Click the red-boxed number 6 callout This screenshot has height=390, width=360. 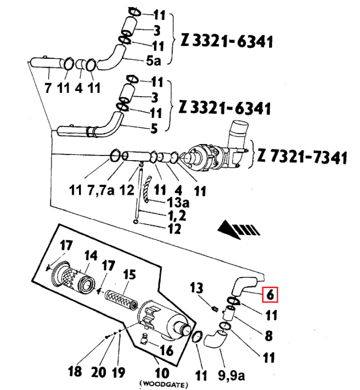tap(270, 295)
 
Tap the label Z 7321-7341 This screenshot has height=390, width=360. tap(302, 157)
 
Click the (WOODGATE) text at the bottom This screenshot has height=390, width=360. tap(164, 385)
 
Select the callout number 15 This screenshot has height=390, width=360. tap(129, 275)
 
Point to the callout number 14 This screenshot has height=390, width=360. tap(91, 256)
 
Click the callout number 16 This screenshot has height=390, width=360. tap(166, 350)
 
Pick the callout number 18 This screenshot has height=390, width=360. tap(75, 371)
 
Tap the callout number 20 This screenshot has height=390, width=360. tap(98, 372)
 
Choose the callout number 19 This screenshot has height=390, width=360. tap(118, 372)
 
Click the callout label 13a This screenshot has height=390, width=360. tap(178, 202)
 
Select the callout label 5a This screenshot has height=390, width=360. tap(154, 60)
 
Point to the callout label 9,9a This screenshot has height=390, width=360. tap(231, 375)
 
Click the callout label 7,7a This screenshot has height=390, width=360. tap(101, 190)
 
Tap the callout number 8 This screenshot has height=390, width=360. tap(269, 336)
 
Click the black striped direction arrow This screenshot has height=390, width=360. tap(238, 229)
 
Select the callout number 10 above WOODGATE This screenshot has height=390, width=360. tap(162, 373)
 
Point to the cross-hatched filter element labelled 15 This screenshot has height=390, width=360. tap(121, 299)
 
